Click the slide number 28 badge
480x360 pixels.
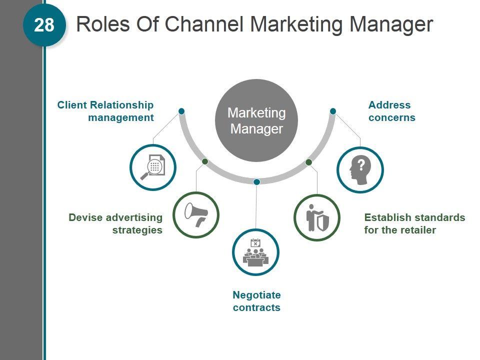[x=44, y=25]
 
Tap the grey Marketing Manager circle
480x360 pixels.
[x=256, y=120]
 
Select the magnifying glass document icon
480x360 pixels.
[x=153, y=167]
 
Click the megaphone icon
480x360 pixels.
[x=196, y=215]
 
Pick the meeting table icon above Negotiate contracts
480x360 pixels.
[x=255, y=252]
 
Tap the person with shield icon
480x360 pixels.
[x=316, y=217]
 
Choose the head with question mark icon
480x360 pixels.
[x=360, y=170]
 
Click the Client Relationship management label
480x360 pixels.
[x=105, y=111]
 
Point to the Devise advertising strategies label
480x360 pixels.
[x=115, y=223]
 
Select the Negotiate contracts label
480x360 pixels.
[x=256, y=301]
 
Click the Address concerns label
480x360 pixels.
[x=391, y=111]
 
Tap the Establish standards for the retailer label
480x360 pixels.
[x=414, y=223]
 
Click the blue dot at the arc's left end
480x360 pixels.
[x=181, y=111]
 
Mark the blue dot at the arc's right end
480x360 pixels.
[x=333, y=111]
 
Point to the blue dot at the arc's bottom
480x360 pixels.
[x=256, y=181]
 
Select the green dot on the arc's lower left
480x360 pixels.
[x=205, y=161]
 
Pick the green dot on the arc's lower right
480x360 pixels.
[x=308, y=162]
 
